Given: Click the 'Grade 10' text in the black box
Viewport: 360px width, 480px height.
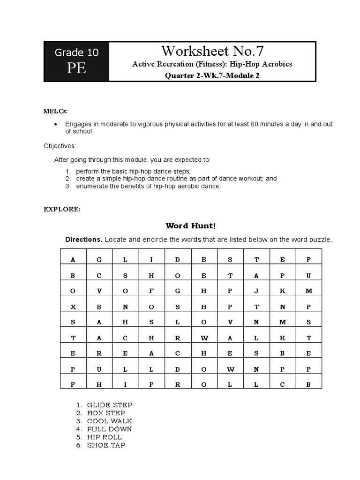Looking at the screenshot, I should click(77, 52).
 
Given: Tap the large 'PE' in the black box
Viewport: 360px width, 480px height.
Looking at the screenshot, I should click(76, 68).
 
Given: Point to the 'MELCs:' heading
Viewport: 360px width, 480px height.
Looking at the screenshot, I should click(56, 111).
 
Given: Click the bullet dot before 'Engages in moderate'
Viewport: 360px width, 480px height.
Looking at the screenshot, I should click(56, 124).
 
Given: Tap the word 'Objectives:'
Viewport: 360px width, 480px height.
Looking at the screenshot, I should click(60, 146).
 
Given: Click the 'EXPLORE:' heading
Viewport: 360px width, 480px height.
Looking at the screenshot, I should click(62, 210).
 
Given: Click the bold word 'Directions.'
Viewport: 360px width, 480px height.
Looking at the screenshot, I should click(83, 240).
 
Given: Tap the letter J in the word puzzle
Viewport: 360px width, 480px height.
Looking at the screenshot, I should click(256, 291).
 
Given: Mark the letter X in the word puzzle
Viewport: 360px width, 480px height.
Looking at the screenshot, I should click(73, 307).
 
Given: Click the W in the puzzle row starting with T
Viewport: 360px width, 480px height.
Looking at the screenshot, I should click(204, 338).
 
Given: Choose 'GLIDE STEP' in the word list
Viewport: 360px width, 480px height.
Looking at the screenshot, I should click(110, 405).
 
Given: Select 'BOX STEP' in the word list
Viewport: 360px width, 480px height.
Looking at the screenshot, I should click(106, 413).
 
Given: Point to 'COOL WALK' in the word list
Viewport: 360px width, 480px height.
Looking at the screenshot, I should click(110, 421).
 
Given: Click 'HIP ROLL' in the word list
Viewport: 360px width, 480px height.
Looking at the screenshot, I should click(105, 437).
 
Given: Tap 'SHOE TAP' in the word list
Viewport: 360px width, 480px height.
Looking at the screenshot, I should click(106, 445).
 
